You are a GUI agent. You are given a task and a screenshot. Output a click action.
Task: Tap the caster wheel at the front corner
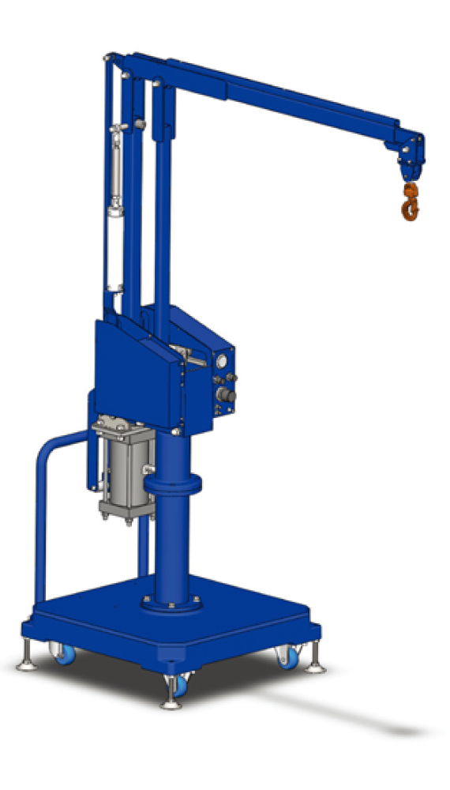(180, 684)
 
